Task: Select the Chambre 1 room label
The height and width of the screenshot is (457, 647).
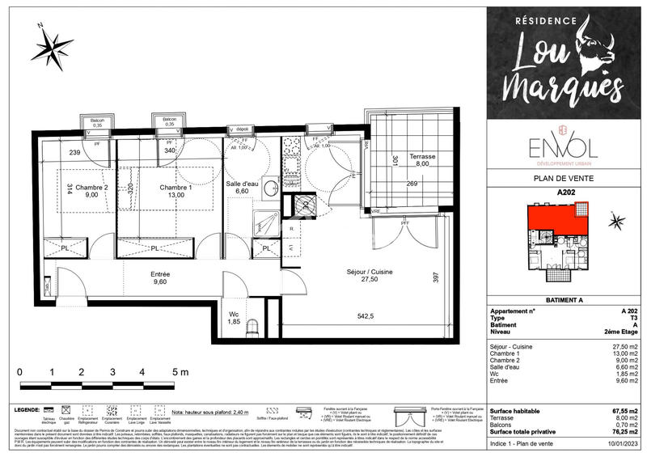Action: [x=175, y=188]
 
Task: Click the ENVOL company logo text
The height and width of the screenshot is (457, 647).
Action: [x=558, y=147]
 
